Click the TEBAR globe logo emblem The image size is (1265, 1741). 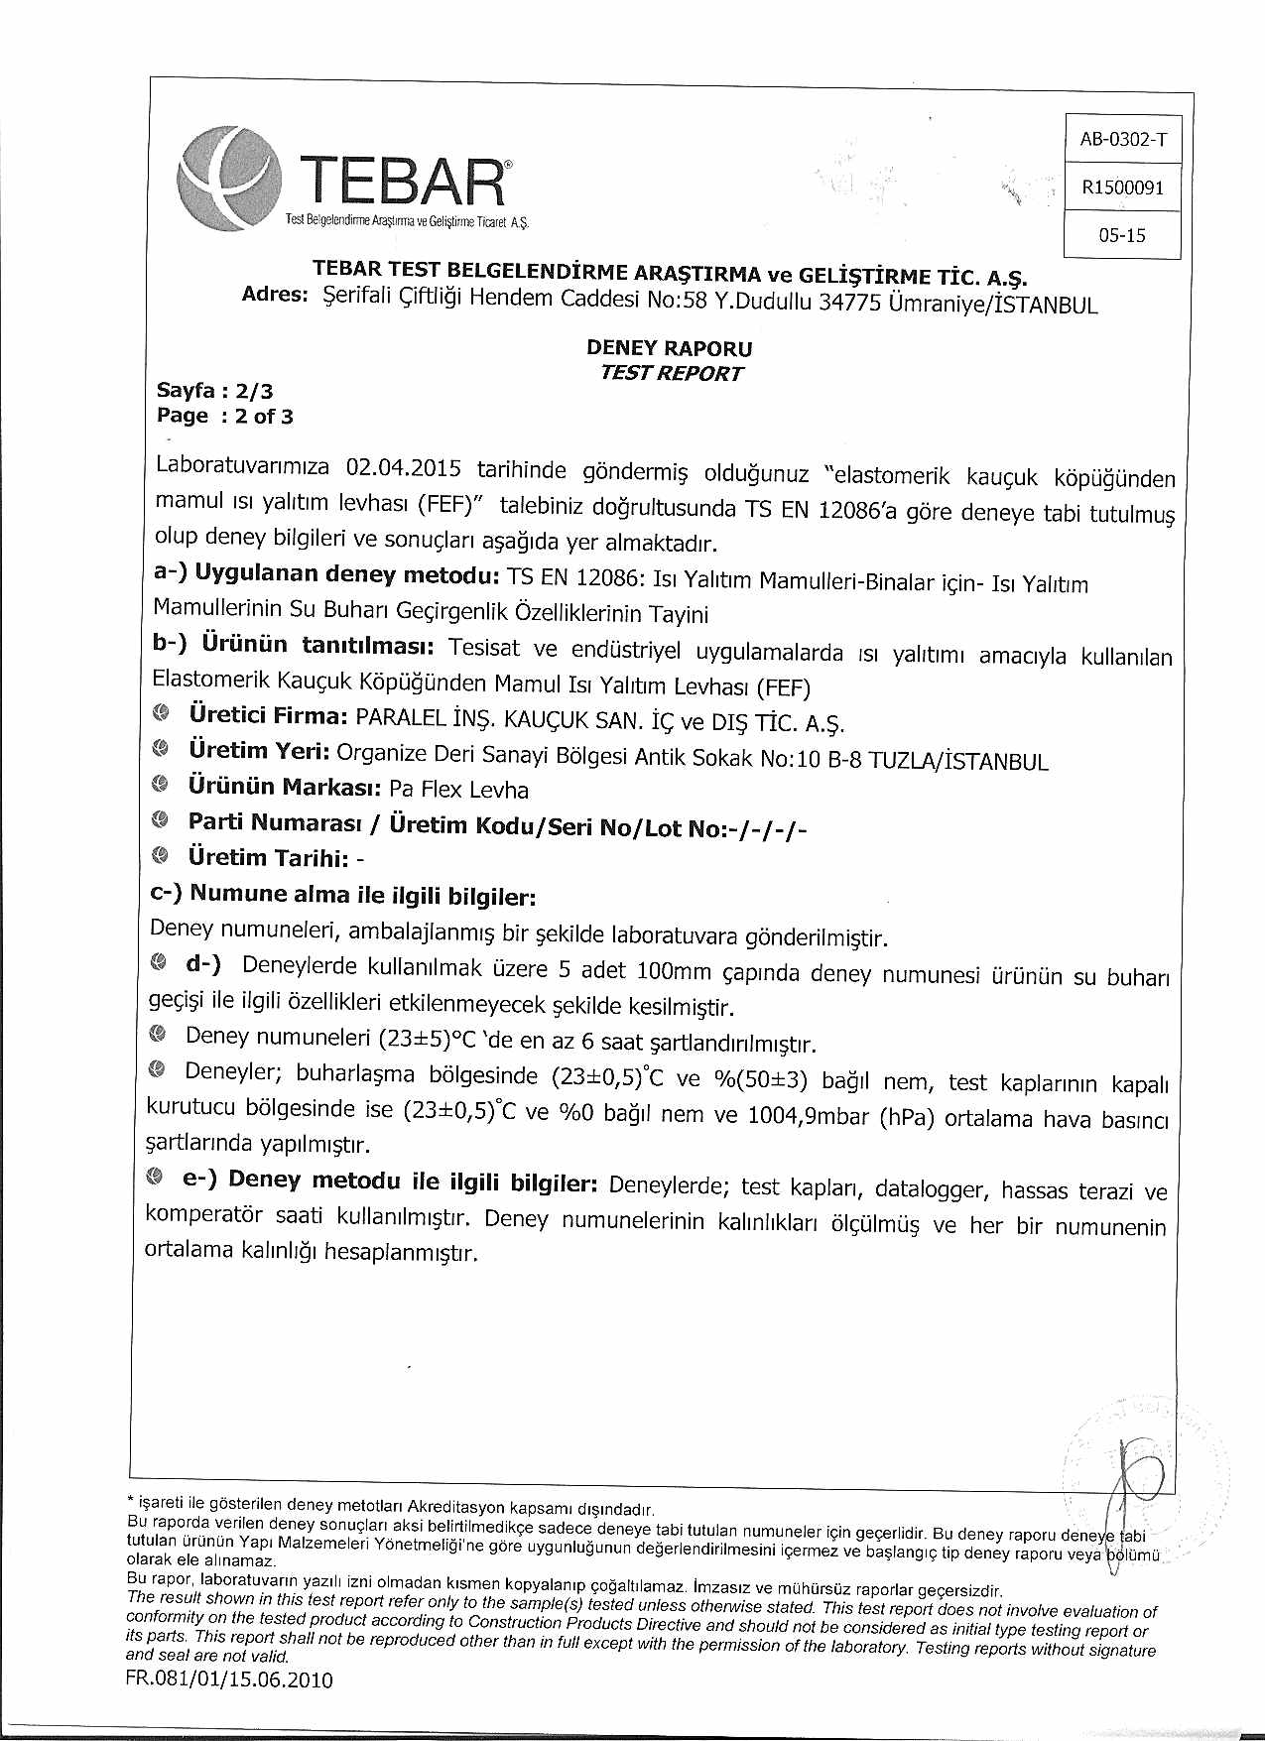click(x=226, y=179)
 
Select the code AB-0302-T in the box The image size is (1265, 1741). click(x=1123, y=139)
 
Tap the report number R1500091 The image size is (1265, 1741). click(x=1123, y=187)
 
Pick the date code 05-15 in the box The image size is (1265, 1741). click(x=1122, y=235)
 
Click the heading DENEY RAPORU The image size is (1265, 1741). click(x=670, y=348)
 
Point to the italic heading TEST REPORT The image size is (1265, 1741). click(x=672, y=374)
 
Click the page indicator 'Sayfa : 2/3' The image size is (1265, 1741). click(x=214, y=391)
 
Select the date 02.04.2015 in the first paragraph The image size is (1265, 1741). click(x=405, y=467)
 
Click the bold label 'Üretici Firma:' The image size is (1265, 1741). click(x=268, y=715)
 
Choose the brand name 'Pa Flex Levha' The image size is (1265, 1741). click(x=459, y=790)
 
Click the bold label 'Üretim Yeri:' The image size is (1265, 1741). click(x=259, y=751)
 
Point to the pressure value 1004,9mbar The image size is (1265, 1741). click(x=809, y=1115)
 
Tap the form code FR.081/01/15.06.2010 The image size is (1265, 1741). click(x=230, y=1680)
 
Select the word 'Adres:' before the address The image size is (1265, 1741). click(x=276, y=295)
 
